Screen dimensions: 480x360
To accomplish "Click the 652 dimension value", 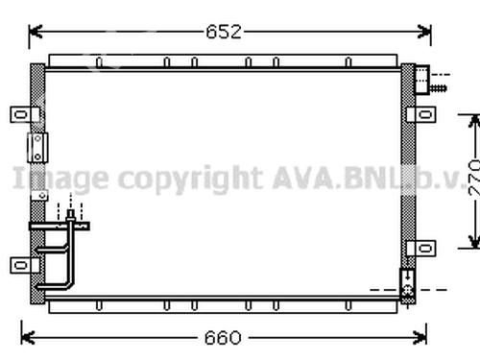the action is point(224,32).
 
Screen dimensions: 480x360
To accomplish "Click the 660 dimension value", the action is point(223,338).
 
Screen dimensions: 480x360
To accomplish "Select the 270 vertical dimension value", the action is point(474,178).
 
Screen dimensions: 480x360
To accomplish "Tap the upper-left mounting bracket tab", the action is point(24,114).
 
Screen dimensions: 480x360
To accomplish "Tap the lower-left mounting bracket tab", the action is point(24,265).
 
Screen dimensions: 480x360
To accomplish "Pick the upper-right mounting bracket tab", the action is point(421,114).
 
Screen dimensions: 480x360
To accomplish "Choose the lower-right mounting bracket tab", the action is point(421,249).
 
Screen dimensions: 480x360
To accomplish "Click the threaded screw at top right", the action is point(438,87).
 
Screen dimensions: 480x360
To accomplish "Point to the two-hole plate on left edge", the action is point(37,148).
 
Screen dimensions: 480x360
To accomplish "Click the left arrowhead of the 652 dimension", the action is point(35,32).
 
